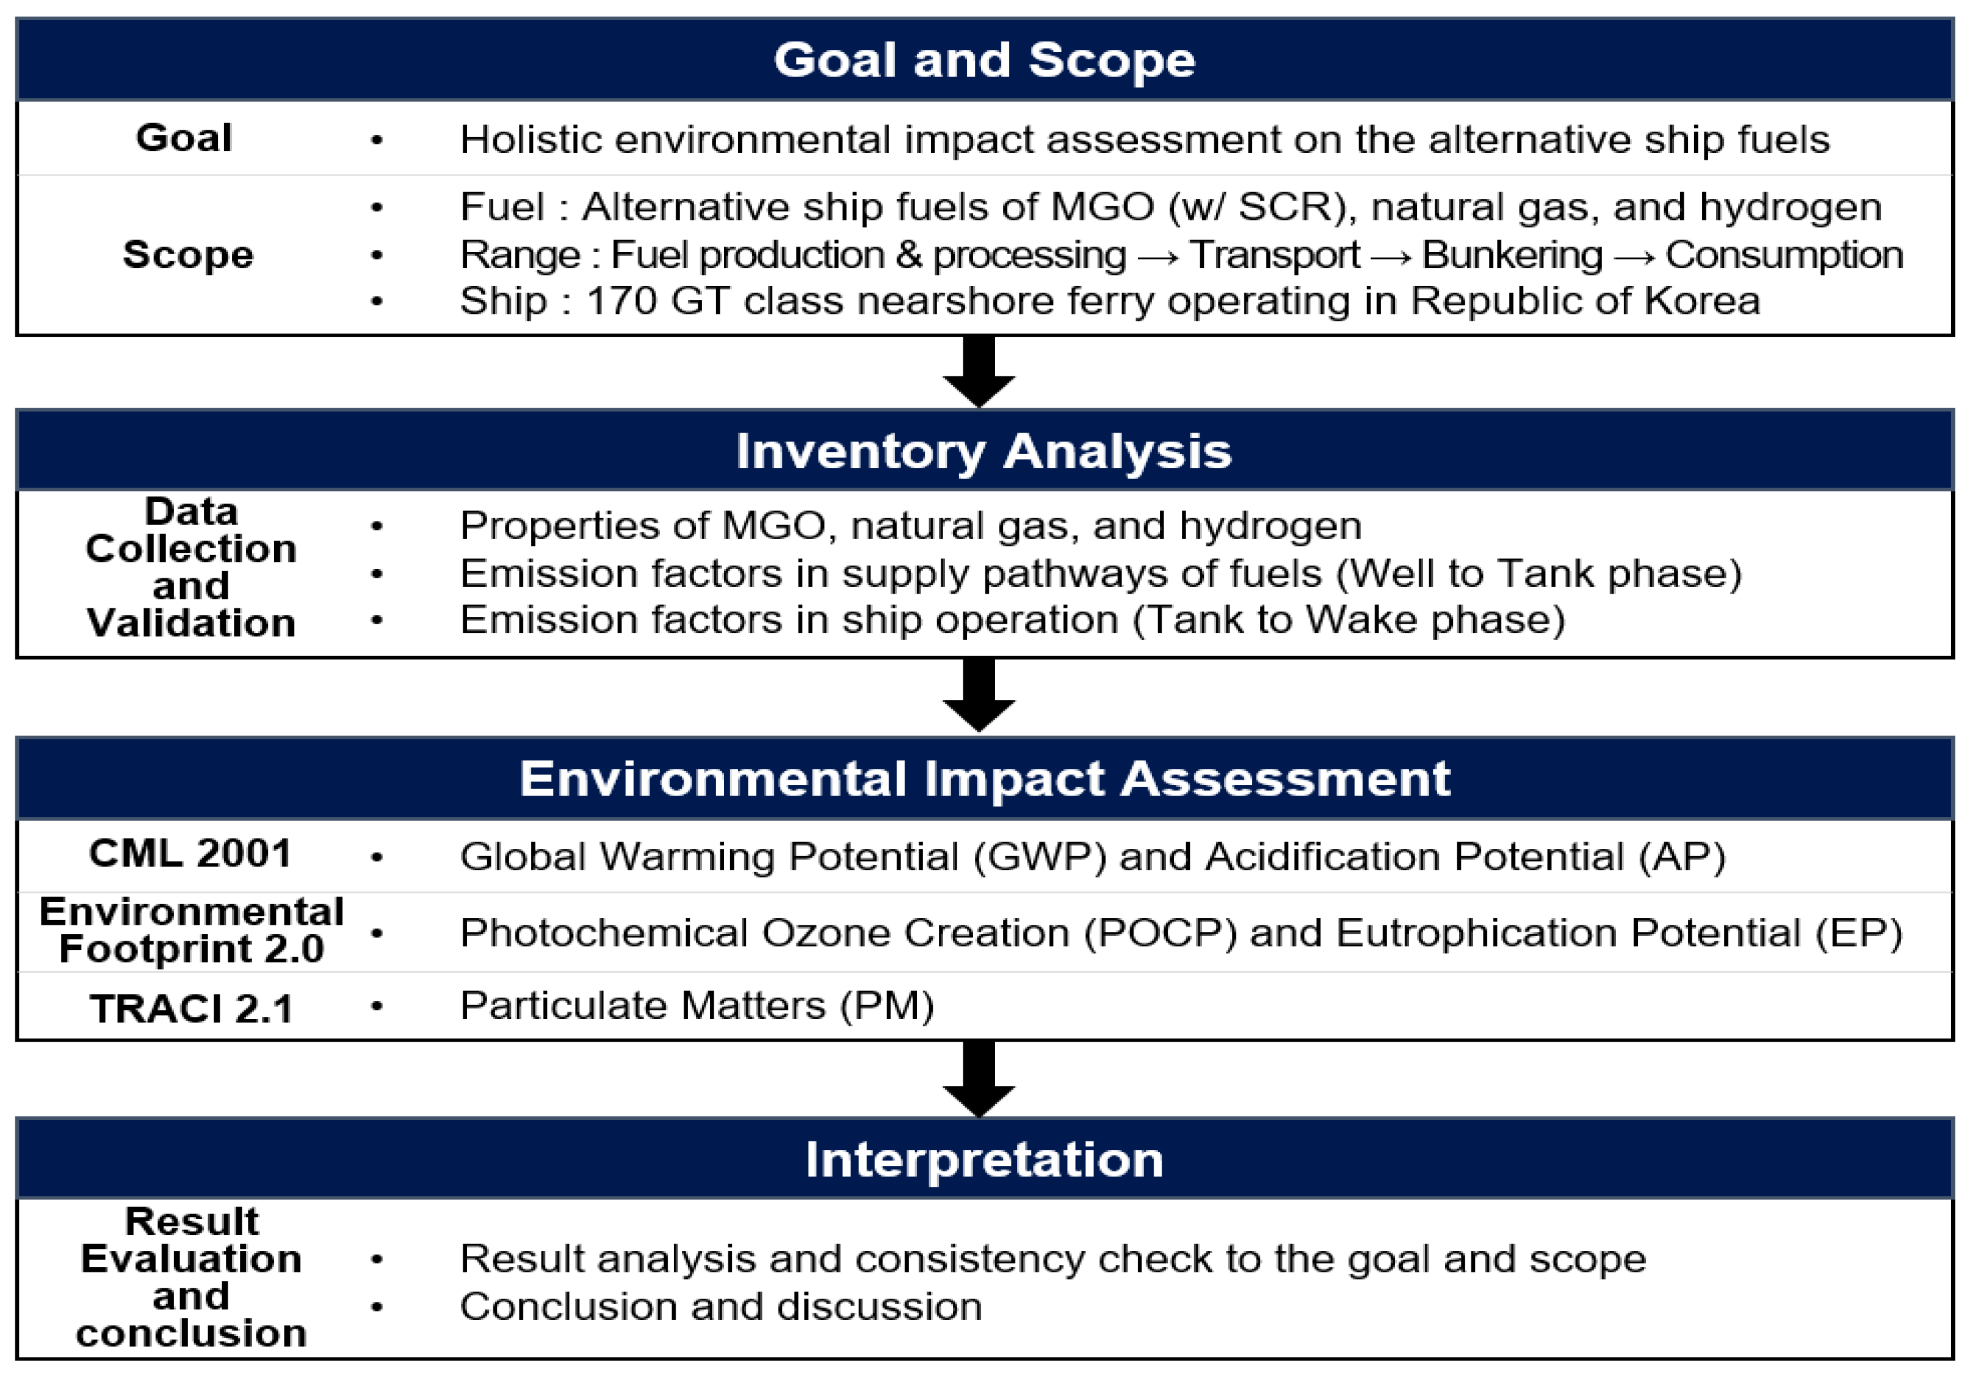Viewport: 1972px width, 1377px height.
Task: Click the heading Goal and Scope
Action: [x=984, y=60]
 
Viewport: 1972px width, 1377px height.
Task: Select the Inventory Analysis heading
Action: [x=984, y=451]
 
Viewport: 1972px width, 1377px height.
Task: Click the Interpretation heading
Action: [x=984, y=1160]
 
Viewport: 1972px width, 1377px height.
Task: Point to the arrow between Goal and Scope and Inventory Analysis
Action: [x=979, y=372]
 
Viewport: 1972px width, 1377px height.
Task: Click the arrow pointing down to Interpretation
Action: [x=979, y=1079]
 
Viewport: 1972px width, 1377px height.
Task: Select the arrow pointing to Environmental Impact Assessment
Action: [x=979, y=696]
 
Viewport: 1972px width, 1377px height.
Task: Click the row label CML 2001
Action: [x=191, y=853]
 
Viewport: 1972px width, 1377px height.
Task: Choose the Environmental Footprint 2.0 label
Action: [x=192, y=930]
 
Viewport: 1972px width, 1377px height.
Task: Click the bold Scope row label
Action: [x=188, y=254]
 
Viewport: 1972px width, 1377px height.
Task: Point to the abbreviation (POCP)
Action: [x=1160, y=933]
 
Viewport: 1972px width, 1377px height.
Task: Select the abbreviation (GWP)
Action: [x=1040, y=856]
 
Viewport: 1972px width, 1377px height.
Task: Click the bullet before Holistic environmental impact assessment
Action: [x=376, y=140]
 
